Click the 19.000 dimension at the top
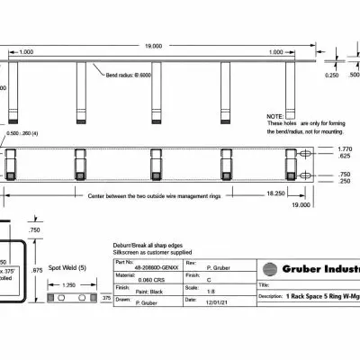pos(154,45)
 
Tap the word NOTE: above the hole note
pos(274,116)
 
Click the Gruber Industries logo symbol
pos(270,268)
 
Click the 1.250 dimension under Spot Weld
pos(70,284)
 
